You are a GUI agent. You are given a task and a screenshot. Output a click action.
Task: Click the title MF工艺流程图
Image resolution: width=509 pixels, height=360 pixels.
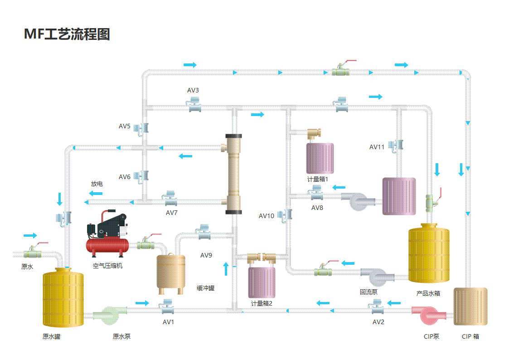67,34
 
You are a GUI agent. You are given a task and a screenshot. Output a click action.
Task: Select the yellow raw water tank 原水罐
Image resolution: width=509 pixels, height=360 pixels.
63,297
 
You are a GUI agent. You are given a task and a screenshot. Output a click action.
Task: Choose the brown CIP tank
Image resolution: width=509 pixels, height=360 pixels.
470,306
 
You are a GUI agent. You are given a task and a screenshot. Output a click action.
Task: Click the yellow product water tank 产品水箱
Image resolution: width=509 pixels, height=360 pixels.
429,253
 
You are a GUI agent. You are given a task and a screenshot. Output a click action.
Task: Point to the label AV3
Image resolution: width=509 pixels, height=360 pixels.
193,90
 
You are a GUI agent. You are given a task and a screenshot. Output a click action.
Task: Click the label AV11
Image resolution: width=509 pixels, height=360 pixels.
377,147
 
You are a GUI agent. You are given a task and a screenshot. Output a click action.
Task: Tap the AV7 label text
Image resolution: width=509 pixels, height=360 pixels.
172,213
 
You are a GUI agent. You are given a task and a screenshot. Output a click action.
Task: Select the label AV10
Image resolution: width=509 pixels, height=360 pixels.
266,216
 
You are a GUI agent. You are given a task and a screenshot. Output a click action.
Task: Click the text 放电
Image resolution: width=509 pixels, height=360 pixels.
97,184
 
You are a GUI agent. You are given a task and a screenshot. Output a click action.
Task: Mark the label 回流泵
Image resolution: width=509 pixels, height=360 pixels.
369,292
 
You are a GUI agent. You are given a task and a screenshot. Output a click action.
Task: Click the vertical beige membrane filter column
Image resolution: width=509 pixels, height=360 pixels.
234,174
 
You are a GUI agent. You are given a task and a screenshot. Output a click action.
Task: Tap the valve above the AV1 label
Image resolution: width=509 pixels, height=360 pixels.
168,306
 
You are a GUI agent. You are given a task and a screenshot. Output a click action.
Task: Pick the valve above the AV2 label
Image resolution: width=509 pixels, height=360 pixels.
376,307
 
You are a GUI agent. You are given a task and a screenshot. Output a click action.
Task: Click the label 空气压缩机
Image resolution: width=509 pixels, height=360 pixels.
107,266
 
